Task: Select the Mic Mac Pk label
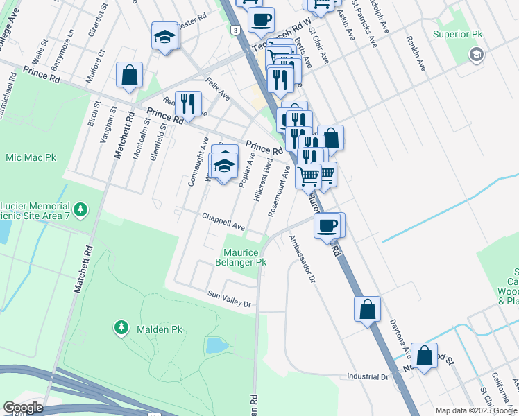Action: coord(31,158)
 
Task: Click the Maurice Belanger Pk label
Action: coord(245,258)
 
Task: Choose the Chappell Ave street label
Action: coord(223,221)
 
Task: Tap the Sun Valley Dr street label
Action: coord(228,299)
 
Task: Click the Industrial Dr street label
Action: coord(368,377)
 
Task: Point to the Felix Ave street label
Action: coord(217,89)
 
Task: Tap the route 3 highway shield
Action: coord(236,31)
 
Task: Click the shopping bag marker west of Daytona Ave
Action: coord(367,310)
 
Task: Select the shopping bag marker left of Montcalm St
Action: coord(129,76)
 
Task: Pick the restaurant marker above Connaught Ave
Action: coord(188,104)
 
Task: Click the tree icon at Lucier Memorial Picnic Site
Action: coord(81,209)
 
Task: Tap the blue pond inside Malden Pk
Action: coord(216,345)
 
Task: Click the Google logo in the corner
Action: coord(23,408)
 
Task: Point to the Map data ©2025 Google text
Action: coord(476,410)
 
